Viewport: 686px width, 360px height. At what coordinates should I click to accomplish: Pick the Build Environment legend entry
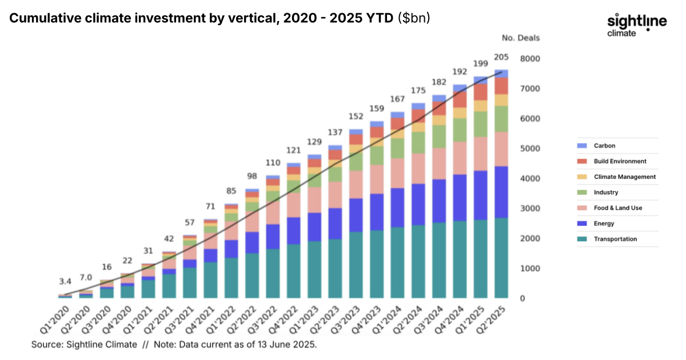[620, 162]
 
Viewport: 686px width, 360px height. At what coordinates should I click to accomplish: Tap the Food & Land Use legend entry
[617, 208]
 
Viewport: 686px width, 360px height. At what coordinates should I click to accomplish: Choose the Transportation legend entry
[615, 239]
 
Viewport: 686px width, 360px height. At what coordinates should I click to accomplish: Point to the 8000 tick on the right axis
[531, 59]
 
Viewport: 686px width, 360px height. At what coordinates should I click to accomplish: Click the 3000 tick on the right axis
[531, 209]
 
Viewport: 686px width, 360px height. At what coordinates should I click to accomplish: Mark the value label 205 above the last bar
[501, 58]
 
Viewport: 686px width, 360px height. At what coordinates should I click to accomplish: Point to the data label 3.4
[65, 282]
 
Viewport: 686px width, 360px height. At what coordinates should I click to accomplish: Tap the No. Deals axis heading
[520, 38]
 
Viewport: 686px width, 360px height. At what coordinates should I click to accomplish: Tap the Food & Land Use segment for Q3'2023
[356, 184]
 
